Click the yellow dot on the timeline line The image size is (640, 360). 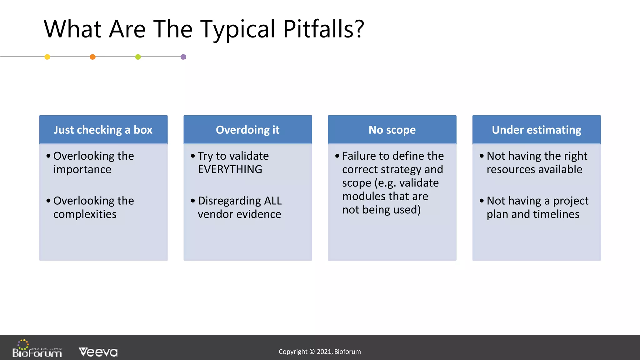(x=47, y=57)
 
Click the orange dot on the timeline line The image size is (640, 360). (x=92, y=57)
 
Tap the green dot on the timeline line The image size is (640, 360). (x=138, y=57)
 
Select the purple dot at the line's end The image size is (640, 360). (x=183, y=57)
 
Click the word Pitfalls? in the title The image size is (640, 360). (x=323, y=29)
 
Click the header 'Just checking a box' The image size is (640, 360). (x=103, y=130)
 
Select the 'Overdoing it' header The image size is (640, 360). (x=247, y=130)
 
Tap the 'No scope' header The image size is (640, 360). (x=392, y=130)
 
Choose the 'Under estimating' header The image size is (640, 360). (x=536, y=130)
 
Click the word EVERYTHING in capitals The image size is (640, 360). (x=230, y=169)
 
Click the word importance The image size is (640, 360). (x=82, y=169)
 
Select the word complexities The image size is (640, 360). (x=85, y=214)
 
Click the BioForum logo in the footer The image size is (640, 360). (x=37, y=349)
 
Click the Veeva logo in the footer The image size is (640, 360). (x=98, y=352)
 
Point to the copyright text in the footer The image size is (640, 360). (x=319, y=352)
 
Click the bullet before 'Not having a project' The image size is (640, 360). (x=482, y=201)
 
